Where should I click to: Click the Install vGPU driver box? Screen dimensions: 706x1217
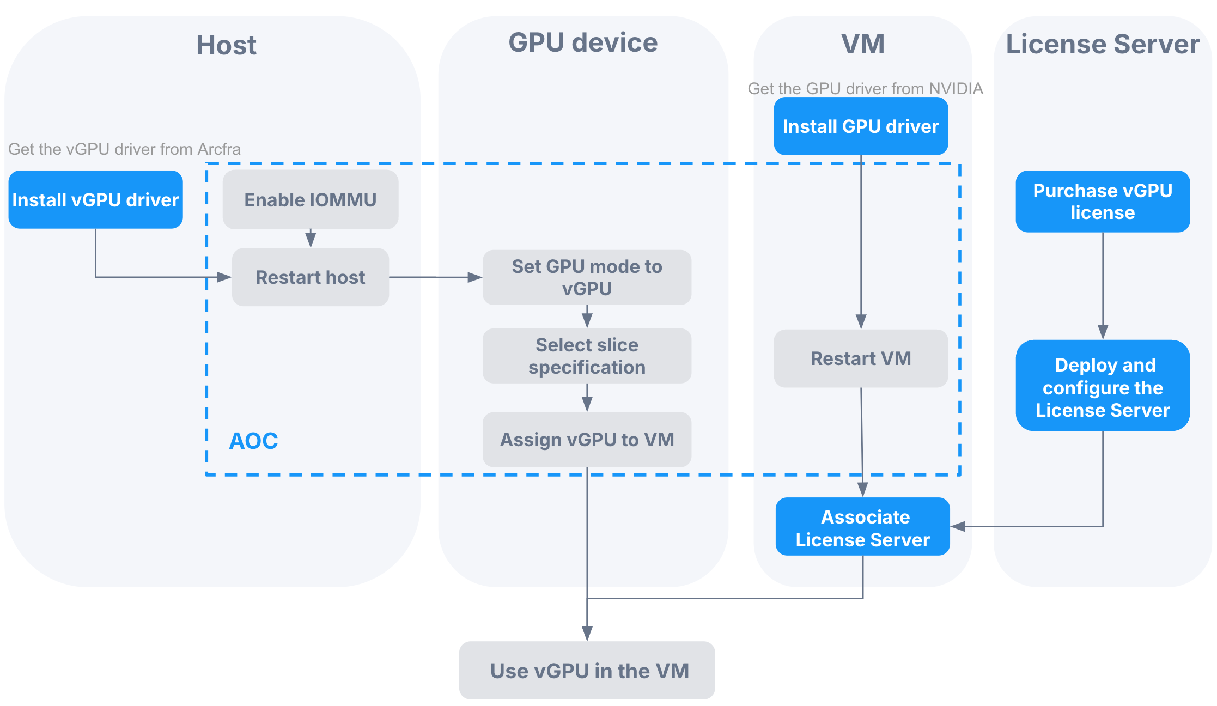click(95, 199)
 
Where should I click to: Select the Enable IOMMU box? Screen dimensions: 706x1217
click(310, 199)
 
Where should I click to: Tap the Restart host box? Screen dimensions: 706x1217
click(310, 277)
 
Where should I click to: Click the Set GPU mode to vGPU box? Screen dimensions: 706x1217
click(587, 277)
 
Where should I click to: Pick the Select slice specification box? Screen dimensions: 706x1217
click(587, 356)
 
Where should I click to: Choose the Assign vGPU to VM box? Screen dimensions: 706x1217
click(587, 439)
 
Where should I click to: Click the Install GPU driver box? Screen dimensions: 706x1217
click(861, 126)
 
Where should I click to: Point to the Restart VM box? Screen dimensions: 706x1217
click(861, 358)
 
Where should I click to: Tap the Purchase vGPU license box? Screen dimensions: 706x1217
click(1103, 201)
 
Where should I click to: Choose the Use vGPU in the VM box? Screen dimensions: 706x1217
click(587, 671)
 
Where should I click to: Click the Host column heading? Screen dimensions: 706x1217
click(226, 45)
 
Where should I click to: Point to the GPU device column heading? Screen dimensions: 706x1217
click(583, 42)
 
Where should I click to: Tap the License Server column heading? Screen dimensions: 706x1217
click(1103, 44)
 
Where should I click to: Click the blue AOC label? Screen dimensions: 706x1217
click(253, 441)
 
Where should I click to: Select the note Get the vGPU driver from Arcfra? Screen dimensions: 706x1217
click(124, 149)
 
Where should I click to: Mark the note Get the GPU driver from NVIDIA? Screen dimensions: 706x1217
click(865, 89)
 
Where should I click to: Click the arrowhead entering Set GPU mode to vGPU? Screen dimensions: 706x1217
click(475, 278)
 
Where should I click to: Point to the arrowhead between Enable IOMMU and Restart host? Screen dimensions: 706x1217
click(311, 240)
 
